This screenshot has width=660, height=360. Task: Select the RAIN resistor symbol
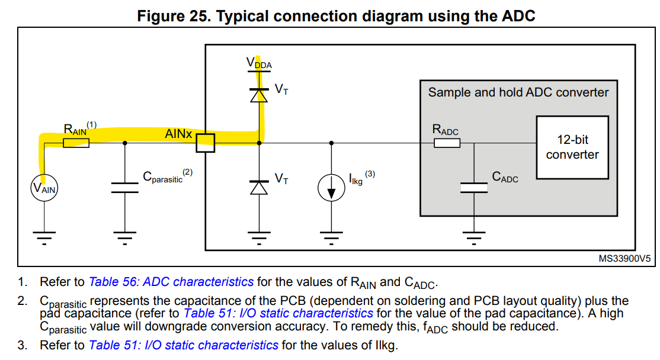[76, 143]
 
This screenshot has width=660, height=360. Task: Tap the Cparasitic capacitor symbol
[124, 188]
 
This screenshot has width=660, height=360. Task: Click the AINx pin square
[205, 143]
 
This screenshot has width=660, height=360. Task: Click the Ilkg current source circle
[331, 188]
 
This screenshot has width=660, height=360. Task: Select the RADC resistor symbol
[447, 143]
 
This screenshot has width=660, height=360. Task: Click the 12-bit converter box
[572, 147]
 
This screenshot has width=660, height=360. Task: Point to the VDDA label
[258, 63]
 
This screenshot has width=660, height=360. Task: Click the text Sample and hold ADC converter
[518, 92]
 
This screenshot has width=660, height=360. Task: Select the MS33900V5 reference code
[624, 259]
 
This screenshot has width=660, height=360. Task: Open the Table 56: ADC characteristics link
[171, 282]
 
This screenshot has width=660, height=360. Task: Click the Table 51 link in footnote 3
[183, 345]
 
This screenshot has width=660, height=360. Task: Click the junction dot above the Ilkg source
[331, 143]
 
